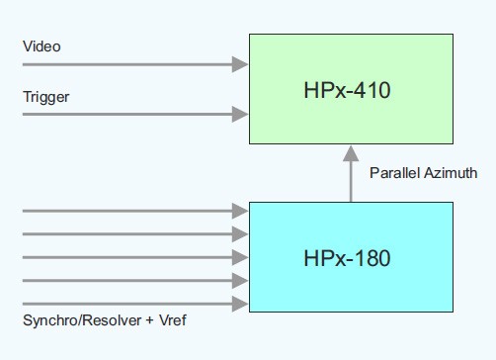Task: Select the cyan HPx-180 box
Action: point(351,259)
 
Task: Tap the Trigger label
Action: point(45,97)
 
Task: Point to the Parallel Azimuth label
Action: point(423,173)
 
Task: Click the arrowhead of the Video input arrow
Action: point(240,64)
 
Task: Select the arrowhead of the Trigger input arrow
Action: point(240,115)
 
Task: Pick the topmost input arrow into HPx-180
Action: point(133,211)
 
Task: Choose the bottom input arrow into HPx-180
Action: point(133,304)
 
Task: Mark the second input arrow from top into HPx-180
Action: point(133,234)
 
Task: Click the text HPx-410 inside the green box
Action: point(348,92)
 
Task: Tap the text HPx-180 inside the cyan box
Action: point(348,260)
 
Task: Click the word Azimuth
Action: point(451,173)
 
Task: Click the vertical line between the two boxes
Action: point(351,183)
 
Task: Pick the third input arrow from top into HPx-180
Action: point(133,257)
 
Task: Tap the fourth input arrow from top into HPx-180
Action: point(133,281)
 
